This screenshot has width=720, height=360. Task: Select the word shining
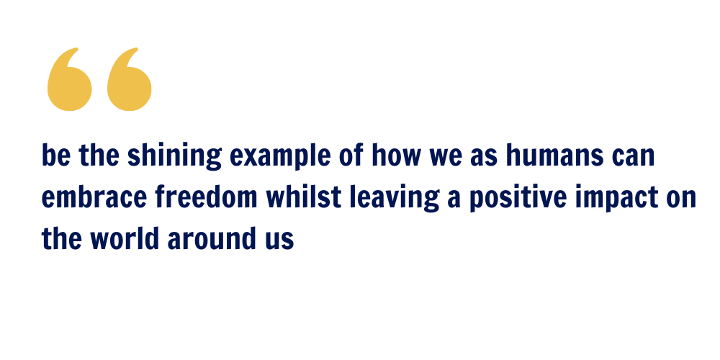(x=174, y=156)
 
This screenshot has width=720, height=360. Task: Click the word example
(x=280, y=156)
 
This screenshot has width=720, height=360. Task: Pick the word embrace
(x=94, y=197)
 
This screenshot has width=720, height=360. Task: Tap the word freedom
(x=206, y=197)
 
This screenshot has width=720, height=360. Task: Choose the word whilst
(x=304, y=197)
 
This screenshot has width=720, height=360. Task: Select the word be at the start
(x=56, y=156)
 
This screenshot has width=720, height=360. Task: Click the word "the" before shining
(x=99, y=156)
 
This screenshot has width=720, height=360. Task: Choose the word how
(x=396, y=156)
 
